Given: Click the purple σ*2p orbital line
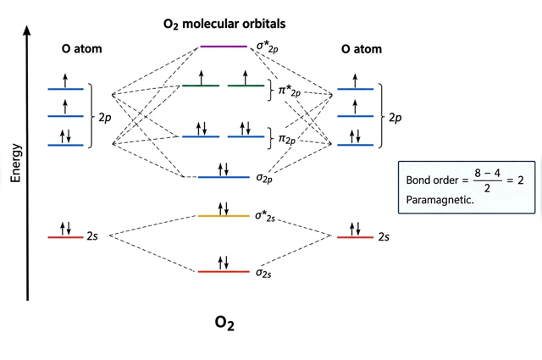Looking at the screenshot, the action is tap(224, 47).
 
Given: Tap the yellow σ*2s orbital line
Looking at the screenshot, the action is tap(224, 216).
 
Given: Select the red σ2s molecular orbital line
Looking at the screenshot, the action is tap(224, 272).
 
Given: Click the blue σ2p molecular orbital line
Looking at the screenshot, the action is tap(224, 177).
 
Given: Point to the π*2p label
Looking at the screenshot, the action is tap(290, 91).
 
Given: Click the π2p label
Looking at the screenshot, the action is tap(287, 140).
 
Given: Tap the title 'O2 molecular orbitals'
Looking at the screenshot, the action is tap(224, 24).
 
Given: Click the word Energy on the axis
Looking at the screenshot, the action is tap(16, 163).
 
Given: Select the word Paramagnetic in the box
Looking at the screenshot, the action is tap(440, 200).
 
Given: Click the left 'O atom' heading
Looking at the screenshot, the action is tap(82, 49).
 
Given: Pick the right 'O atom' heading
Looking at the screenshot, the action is tap(362, 49).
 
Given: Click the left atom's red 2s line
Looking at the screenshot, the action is tap(66, 237).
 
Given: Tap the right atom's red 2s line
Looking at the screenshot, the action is tap(356, 237).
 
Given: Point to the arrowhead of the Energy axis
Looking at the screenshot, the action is tap(27, 26).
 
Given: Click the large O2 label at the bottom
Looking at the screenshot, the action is tap(224, 323).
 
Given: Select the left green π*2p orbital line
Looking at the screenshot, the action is tap(201, 86).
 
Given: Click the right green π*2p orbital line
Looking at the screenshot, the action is tap(246, 86).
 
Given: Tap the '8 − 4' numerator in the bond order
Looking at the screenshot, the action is tap(488, 173).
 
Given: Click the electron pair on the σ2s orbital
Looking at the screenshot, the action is tap(224, 263).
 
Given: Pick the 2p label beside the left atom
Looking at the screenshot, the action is tap(105, 118).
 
